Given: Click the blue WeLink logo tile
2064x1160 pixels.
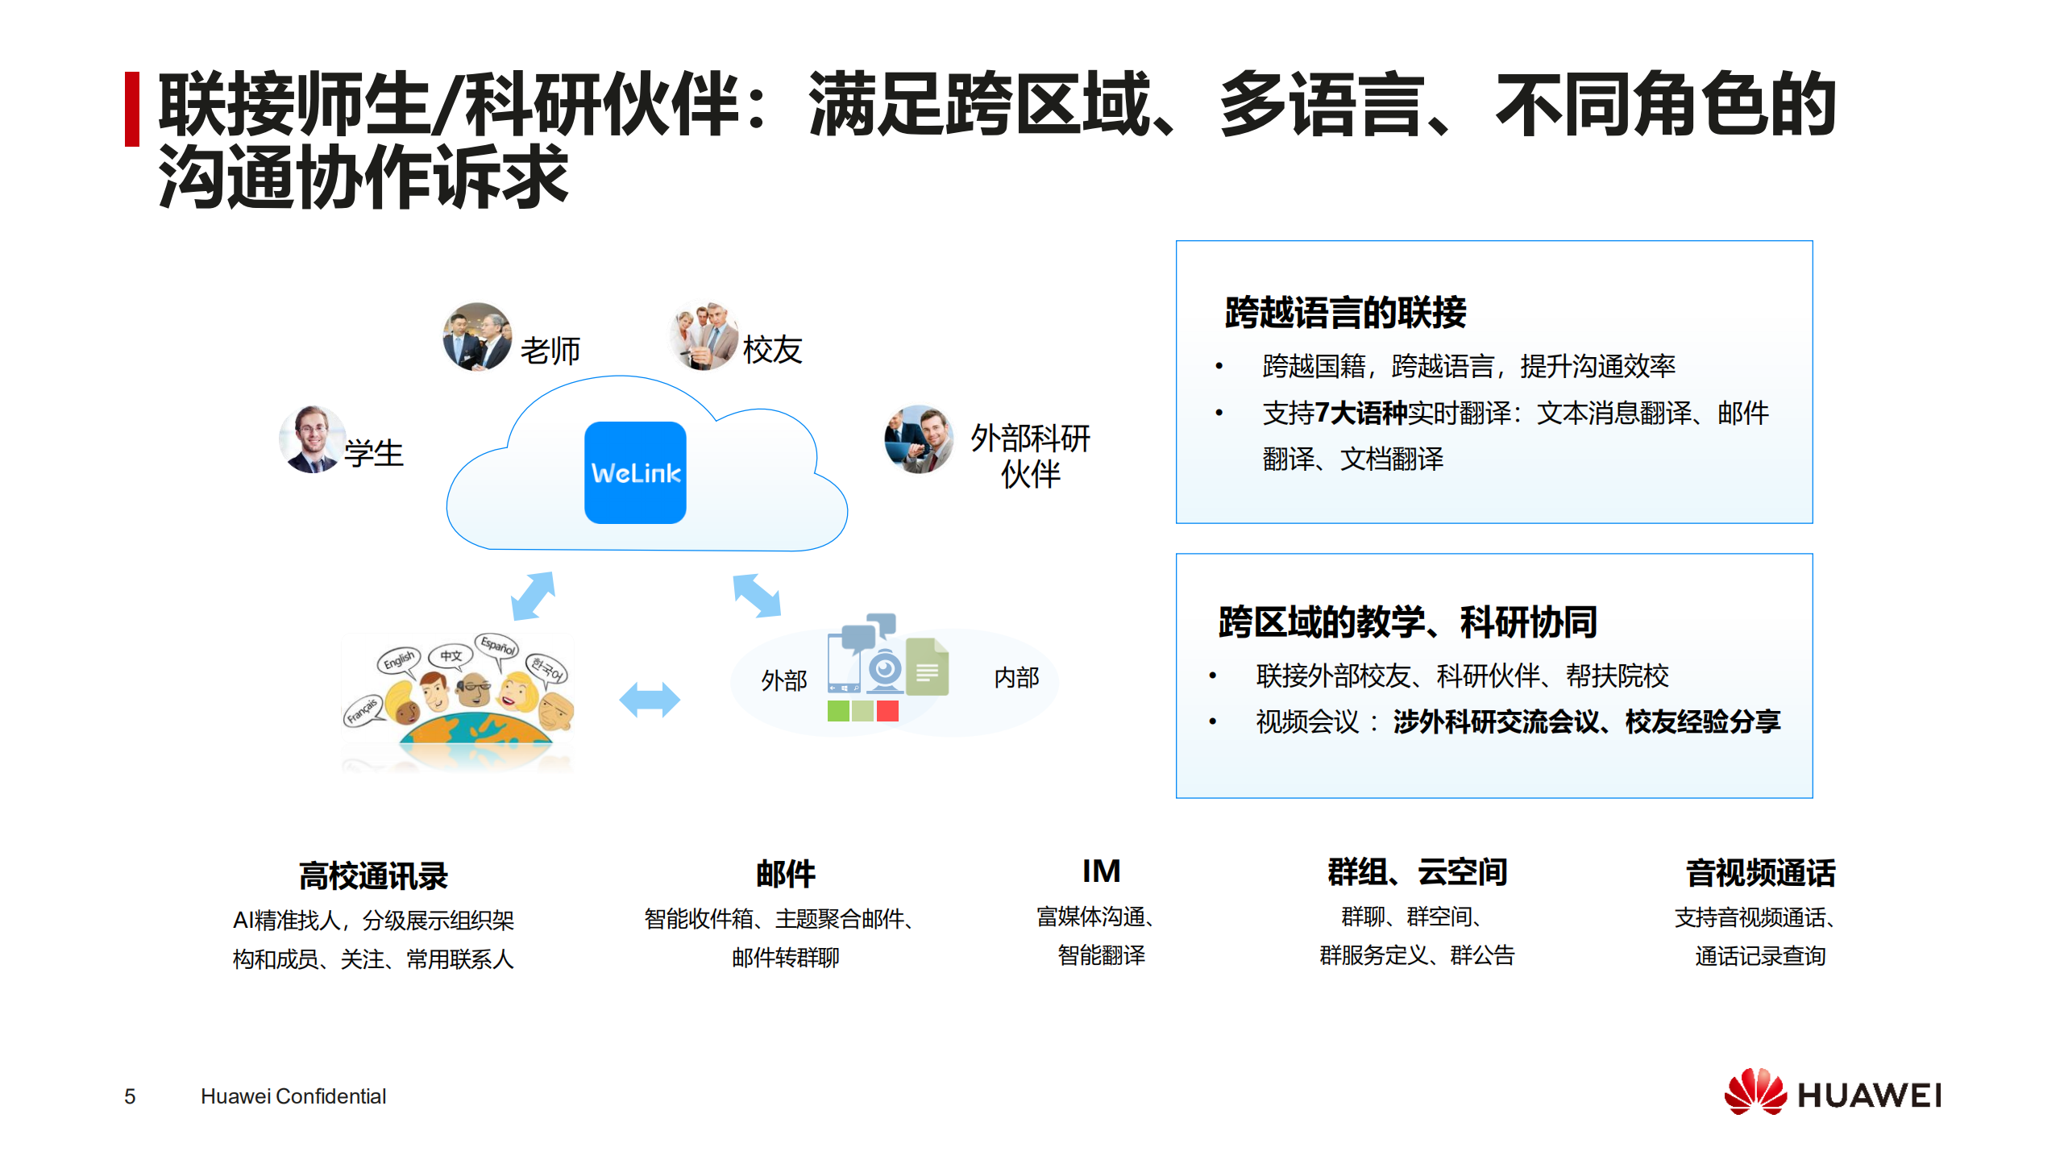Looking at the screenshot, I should [635, 472].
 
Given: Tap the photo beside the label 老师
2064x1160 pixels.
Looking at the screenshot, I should [477, 337].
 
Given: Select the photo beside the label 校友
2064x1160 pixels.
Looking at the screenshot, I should [704, 337].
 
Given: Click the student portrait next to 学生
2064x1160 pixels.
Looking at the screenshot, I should [313, 439].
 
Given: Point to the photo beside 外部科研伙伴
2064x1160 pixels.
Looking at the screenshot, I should [919, 439].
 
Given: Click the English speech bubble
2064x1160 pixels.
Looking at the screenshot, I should [398, 660].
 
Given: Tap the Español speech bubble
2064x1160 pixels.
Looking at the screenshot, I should [497, 646].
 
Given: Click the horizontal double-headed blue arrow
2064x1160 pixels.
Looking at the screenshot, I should [649, 699].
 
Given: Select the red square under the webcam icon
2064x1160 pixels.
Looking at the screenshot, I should [887, 711].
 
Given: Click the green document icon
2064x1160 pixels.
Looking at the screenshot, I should [927, 667].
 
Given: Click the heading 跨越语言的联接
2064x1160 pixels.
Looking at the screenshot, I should [1345, 313].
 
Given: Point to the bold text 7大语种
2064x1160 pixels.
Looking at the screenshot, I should [1361, 413].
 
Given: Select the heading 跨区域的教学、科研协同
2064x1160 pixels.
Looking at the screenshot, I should [1407, 622].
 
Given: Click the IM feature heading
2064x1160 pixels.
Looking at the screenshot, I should [1101, 871].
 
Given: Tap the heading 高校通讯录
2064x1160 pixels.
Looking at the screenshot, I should [373, 875].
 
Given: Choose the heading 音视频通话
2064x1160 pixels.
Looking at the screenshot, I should [1760, 873].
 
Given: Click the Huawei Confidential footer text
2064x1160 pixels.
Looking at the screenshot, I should [293, 1096].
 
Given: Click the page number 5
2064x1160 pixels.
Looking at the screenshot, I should [130, 1096].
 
